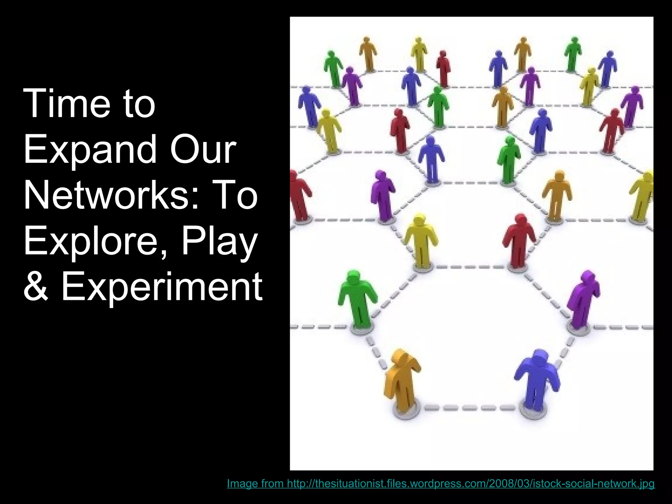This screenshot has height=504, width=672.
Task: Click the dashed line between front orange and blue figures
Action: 469,408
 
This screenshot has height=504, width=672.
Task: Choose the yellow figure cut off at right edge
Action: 643,197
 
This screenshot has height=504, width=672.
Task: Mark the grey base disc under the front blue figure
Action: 534,411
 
